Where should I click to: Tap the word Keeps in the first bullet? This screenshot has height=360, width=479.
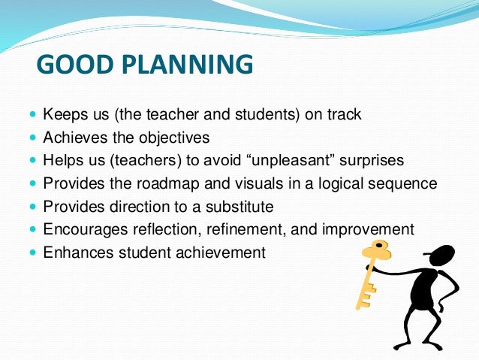click(65, 116)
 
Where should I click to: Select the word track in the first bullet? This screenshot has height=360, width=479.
click(344, 116)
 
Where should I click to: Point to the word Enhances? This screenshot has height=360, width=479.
click(74, 253)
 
